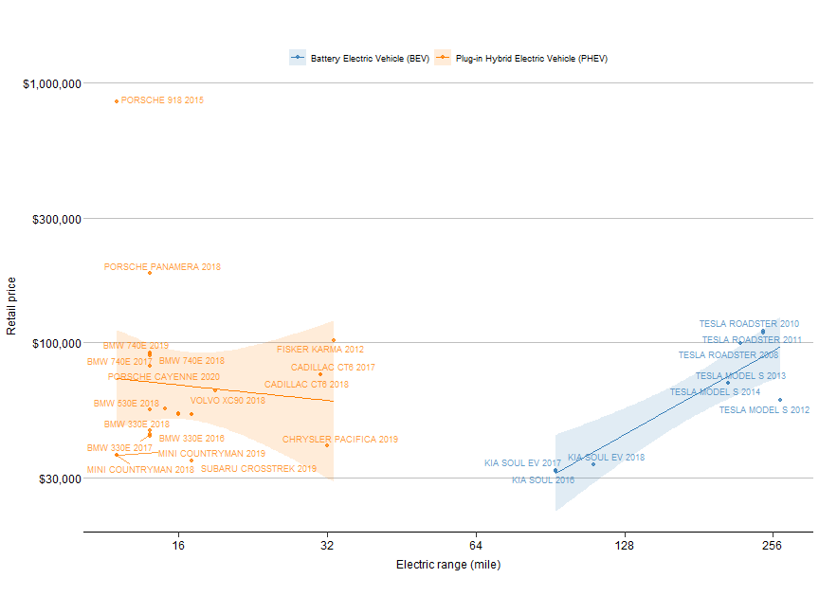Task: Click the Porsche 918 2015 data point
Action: click(x=117, y=100)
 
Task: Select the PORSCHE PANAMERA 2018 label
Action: click(x=162, y=267)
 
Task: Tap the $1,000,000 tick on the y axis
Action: click(x=51, y=83)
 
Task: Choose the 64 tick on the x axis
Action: click(x=476, y=546)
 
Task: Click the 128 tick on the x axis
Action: click(x=624, y=546)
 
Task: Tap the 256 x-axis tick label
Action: click(x=773, y=546)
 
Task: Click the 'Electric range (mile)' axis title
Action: click(x=447, y=566)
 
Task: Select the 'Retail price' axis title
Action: click(x=12, y=306)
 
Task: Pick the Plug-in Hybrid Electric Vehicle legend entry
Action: click(x=531, y=59)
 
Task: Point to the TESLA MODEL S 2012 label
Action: click(x=764, y=410)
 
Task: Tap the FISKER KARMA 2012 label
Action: click(x=319, y=350)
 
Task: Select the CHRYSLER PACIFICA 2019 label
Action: click(x=340, y=440)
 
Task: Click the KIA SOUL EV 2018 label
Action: click(x=606, y=458)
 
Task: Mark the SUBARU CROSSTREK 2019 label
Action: click(x=259, y=469)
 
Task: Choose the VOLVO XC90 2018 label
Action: click(x=227, y=401)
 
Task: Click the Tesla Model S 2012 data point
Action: click(x=780, y=400)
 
